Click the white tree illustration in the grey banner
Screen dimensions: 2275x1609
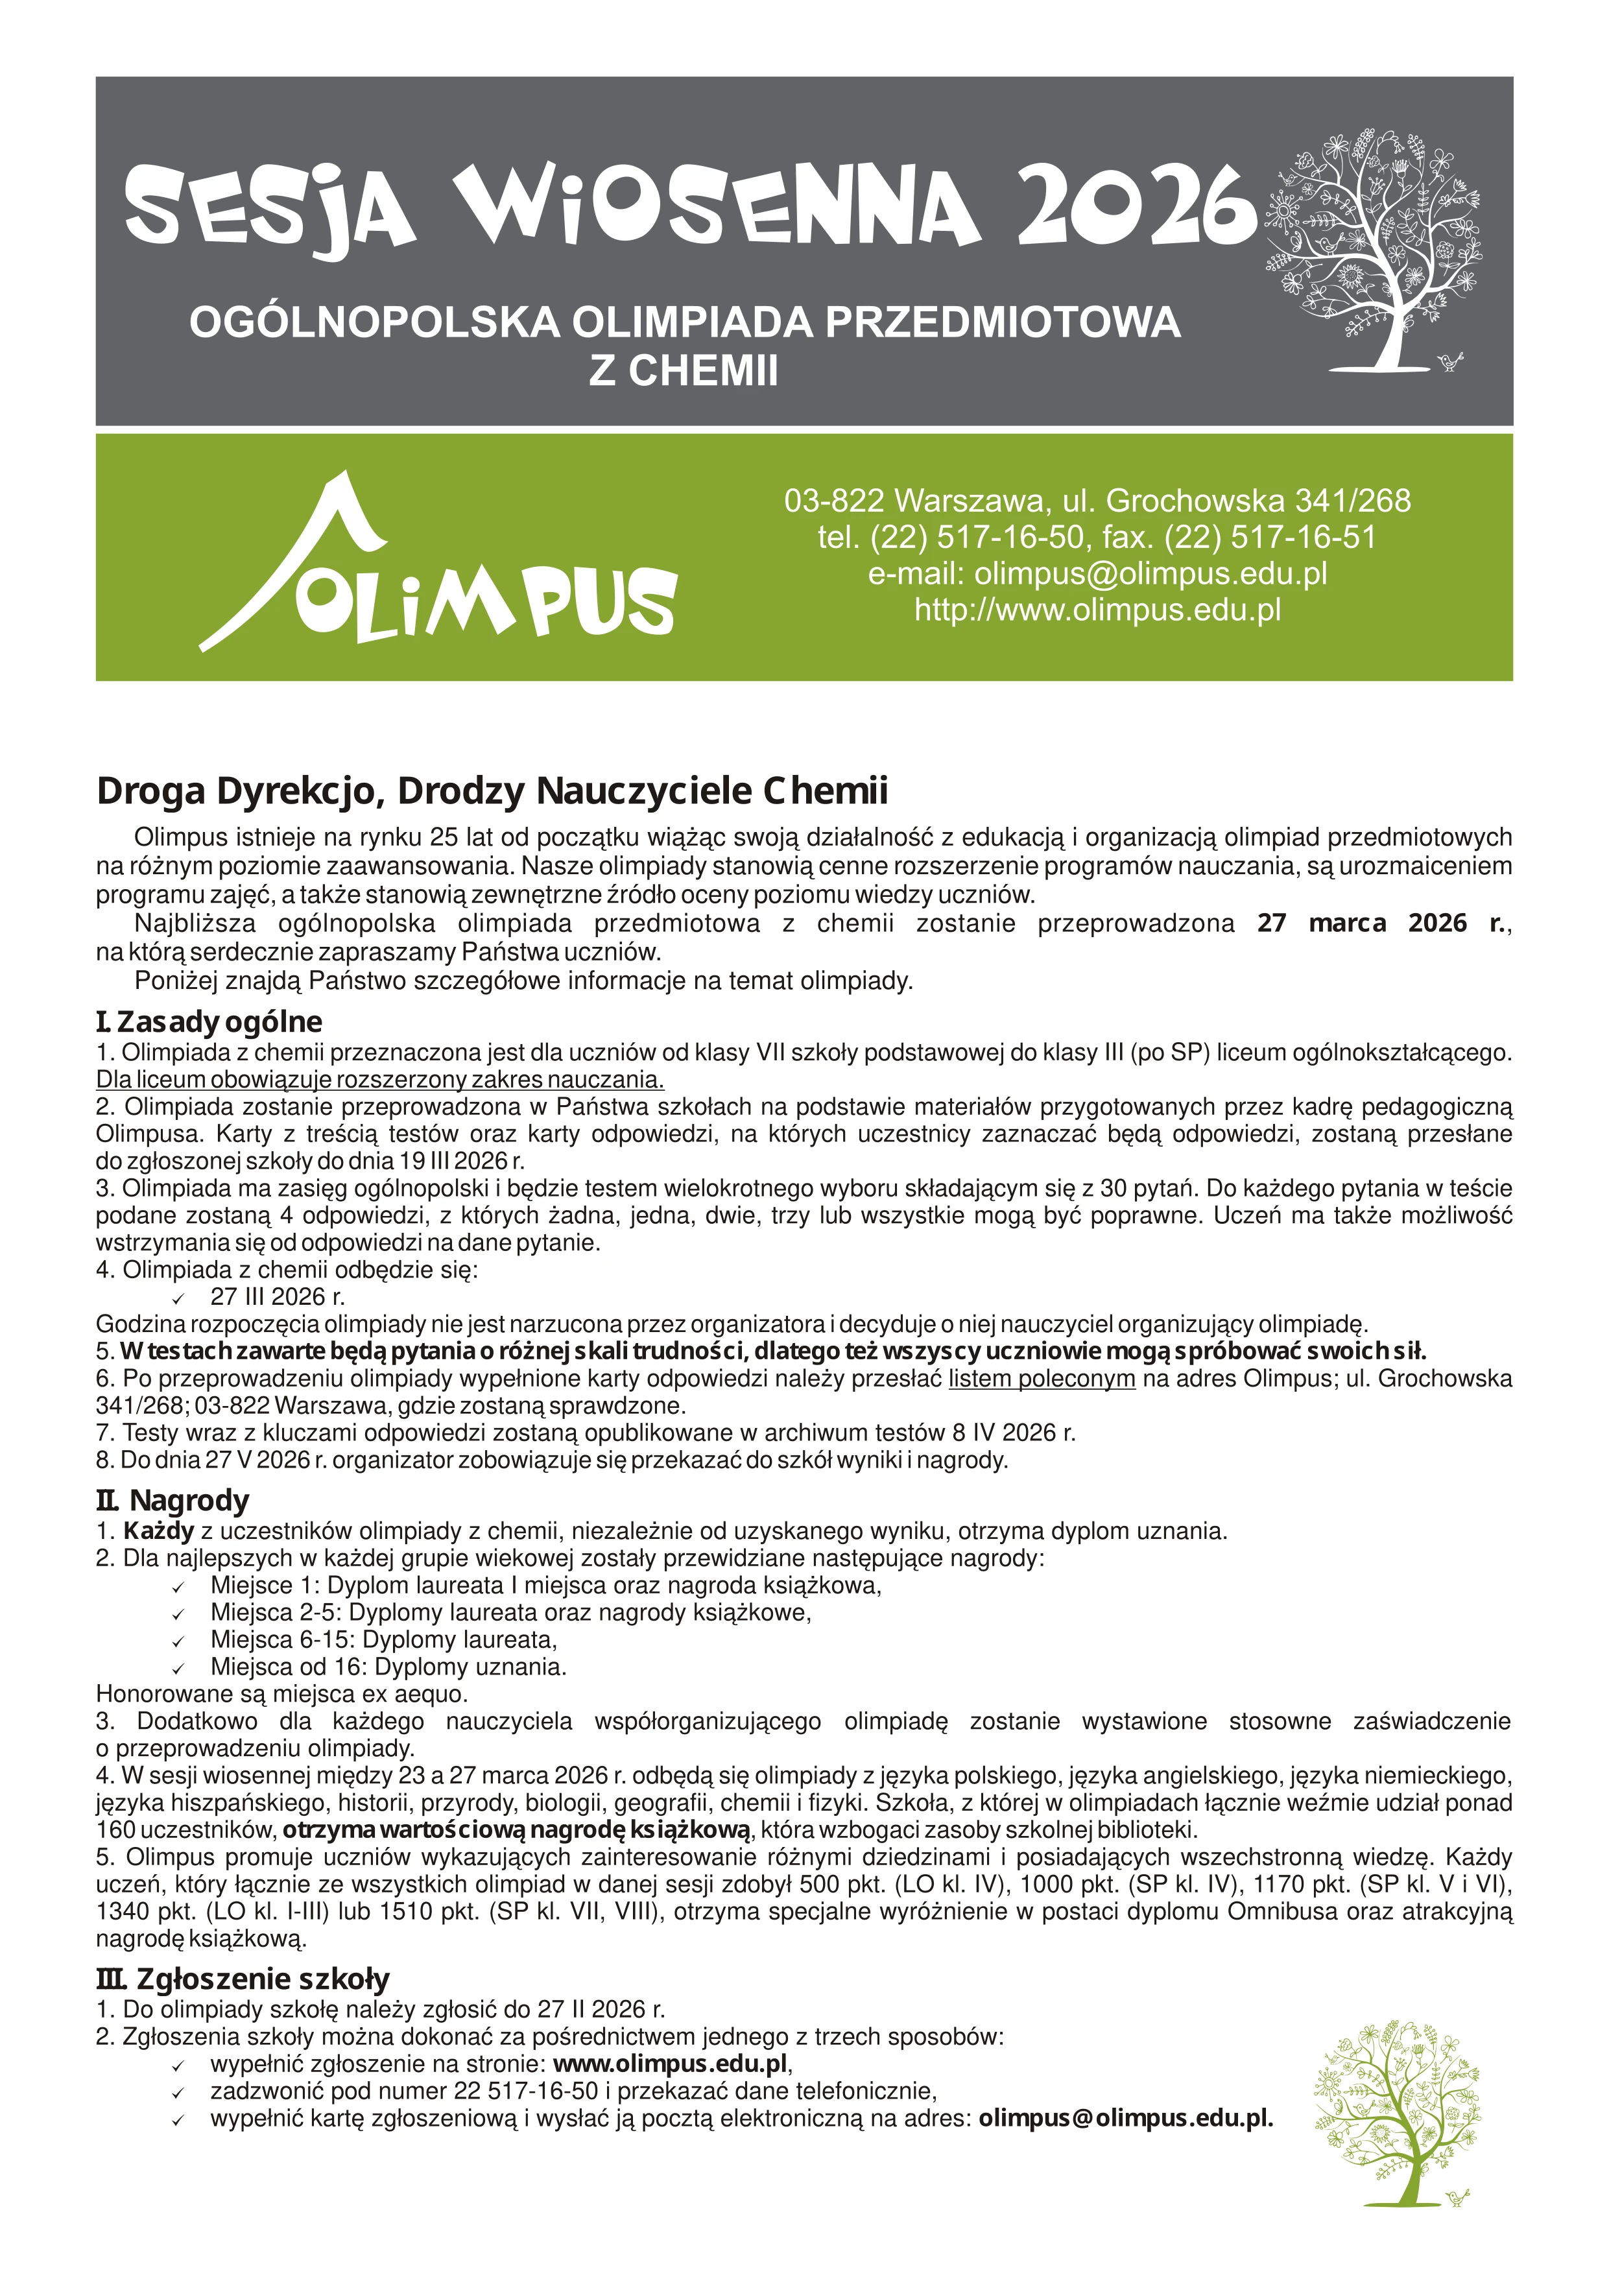pos(1373,248)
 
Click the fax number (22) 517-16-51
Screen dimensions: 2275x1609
pos(1270,537)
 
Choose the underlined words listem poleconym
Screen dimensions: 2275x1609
pos(1042,1378)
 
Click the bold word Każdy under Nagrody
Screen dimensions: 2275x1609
pos(158,1531)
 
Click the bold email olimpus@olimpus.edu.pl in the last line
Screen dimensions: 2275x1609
pos(1125,2119)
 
